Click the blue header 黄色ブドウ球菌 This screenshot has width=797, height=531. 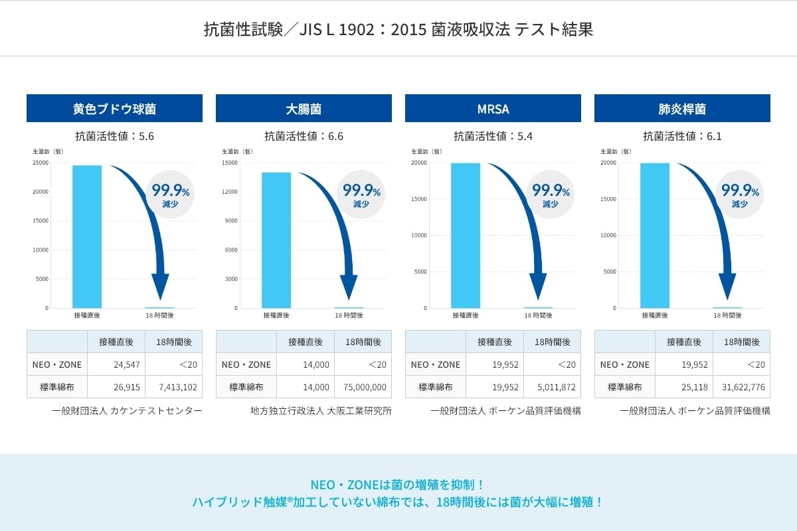pyautogui.click(x=114, y=108)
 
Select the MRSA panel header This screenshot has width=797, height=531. pyautogui.click(x=493, y=108)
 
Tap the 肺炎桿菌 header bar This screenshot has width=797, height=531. pyautogui.click(x=682, y=108)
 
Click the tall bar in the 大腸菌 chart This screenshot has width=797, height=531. pyautogui.click(x=276, y=240)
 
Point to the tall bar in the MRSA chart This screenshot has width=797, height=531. pyautogui.click(x=465, y=235)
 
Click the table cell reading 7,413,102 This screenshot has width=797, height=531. pyautogui.click(x=173, y=387)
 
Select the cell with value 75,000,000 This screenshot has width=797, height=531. pyautogui.click(x=363, y=387)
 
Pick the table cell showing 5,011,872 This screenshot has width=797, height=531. pyautogui.click(x=552, y=387)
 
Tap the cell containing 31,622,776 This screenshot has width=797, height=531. pyautogui.click(x=741, y=387)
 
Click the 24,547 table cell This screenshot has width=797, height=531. pyautogui.click(x=116, y=364)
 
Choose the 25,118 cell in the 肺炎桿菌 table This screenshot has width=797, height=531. pyautogui.click(x=684, y=387)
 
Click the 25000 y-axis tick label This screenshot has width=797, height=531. pyautogui.click(x=41, y=163)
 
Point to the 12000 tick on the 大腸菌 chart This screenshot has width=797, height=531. pyautogui.click(x=230, y=192)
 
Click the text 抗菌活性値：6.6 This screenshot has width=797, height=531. pyautogui.click(x=304, y=137)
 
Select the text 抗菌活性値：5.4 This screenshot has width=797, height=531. pyautogui.click(x=493, y=137)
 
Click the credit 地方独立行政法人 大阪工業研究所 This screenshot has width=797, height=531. pyautogui.click(x=321, y=411)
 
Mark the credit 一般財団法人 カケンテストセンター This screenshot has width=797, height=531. pyautogui.click(x=127, y=411)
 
